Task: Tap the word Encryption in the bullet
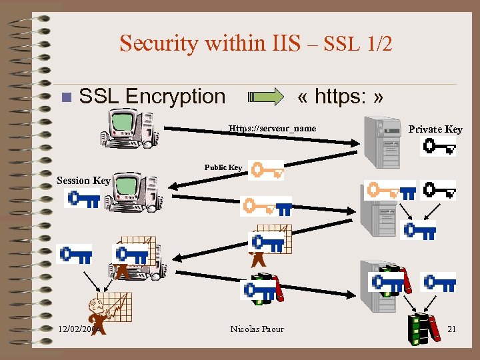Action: coord(175,96)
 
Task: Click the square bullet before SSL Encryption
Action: coord(65,97)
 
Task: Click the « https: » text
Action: coord(341,97)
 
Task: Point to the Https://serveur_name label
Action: coord(272,128)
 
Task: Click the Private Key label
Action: coord(435,129)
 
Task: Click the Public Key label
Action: coord(223,167)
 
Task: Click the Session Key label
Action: coord(83,180)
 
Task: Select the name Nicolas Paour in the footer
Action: coord(257,329)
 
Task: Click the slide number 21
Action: coord(451,329)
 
